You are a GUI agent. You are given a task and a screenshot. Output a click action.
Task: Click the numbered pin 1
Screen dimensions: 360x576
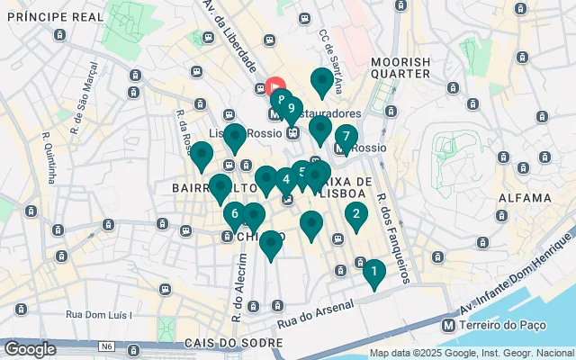pyautogui.click(x=373, y=271)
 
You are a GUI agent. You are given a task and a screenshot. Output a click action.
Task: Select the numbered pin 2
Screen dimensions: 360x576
pyautogui.click(x=356, y=214)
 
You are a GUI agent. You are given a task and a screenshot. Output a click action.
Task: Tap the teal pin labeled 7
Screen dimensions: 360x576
pyautogui.click(x=346, y=138)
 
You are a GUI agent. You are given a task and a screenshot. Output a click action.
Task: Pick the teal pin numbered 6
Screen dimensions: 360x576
pyautogui.click(x=235, y=214)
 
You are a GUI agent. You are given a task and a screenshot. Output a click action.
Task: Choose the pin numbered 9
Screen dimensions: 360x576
pyautogui.click(x=291, y=108)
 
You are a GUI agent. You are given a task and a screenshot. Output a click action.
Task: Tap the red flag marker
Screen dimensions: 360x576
pyautogui.click(x=277, y=87)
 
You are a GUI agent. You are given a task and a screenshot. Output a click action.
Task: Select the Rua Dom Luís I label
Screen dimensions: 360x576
pyautogui.click(x=99, y=315)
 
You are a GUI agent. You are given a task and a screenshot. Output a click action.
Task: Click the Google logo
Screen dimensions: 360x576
pyautogui.click(x=30, y=348)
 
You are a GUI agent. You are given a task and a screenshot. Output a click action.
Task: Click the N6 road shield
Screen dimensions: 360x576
pyautogui.click(x=107, y=346)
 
